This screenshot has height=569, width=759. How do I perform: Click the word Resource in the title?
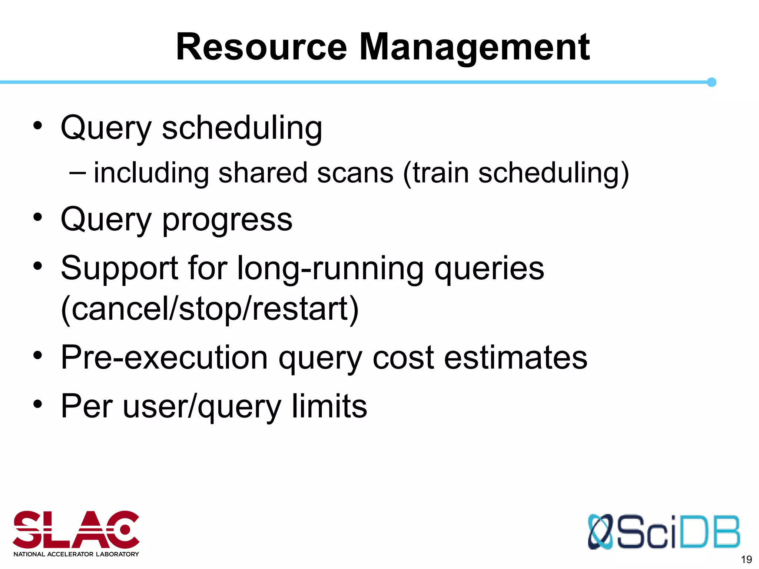[x=261, y=47]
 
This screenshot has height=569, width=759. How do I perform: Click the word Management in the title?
[x=474, y=47]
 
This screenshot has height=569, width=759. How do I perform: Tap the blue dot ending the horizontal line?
[x=711, y=82]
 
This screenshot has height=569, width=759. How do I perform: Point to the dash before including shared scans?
[x=77, y=172]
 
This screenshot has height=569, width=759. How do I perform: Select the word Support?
[x=119, y=269]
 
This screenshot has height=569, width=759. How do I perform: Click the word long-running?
[x=330, y=269]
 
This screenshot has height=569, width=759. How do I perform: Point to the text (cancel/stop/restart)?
[x=210, y=309]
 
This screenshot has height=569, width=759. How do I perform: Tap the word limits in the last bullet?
[x=329, y=406]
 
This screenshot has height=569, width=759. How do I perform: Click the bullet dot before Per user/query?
[x=38, y=404]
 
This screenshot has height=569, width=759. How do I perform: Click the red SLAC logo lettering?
[x=76, y=530]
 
